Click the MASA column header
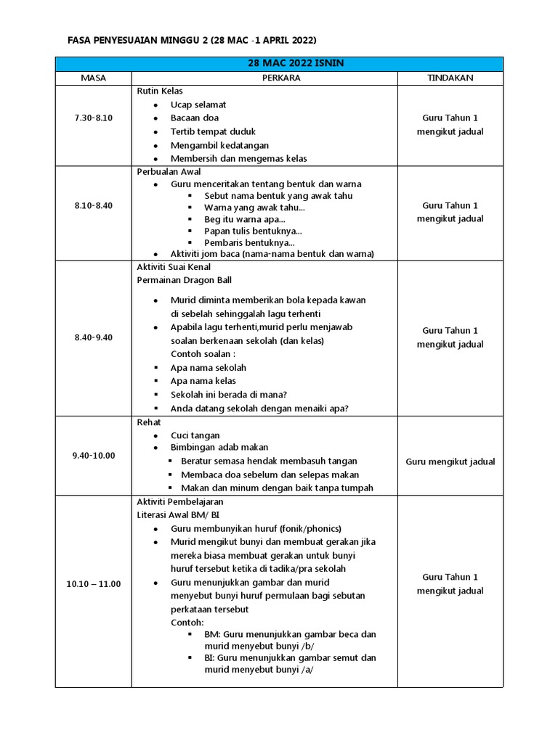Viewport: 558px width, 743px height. pos(93,78)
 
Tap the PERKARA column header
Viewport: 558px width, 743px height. pos(264,78)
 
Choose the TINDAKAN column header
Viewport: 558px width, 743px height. pos(450,78)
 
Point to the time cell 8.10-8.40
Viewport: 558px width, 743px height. pos(93,205)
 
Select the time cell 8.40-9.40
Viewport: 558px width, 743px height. pos(93,337)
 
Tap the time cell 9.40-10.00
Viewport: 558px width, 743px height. pos(93,455)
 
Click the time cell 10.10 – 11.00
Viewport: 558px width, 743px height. pos(93,584)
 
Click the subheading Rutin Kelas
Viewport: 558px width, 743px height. pos(160,91)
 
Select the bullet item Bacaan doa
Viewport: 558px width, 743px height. pos(194,118)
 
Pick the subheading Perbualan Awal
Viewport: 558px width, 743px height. pos(169,172)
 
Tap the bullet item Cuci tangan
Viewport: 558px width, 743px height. pos(195,435)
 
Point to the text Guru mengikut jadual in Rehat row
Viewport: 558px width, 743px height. pos(450,461)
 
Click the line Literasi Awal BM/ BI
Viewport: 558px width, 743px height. pos(178,514)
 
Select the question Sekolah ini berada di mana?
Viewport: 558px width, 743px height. pos(229,395)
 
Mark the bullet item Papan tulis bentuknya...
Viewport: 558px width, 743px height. pos(248,231)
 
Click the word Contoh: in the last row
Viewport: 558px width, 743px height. pos(187,623)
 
